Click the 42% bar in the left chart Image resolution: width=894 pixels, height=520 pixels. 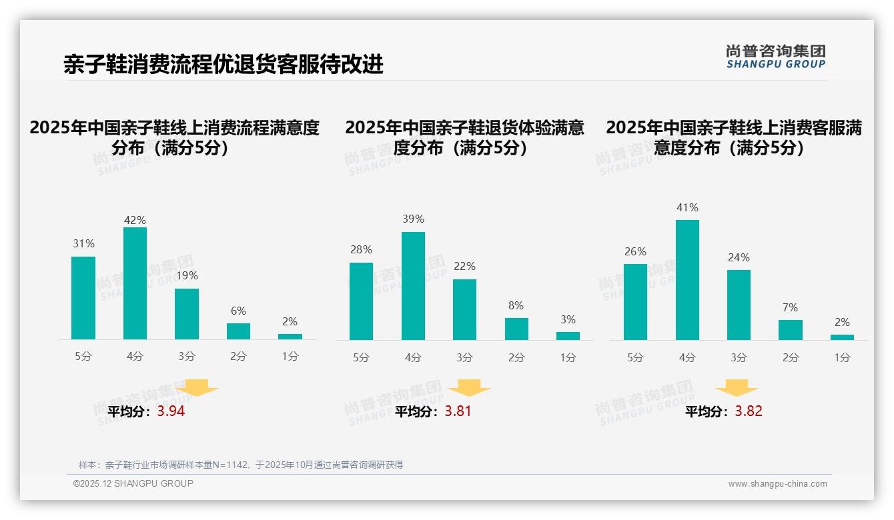click(x=135, y=283)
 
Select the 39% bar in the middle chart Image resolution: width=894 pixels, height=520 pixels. click(x=413, y=286)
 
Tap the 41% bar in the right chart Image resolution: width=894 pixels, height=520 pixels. click(x=687, y=280)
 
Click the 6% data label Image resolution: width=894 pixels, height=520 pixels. click(x=238, y=311)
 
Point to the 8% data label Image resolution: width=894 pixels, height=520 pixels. click(x=516, y=305)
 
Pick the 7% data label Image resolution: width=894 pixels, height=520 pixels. click(x=790, y=307)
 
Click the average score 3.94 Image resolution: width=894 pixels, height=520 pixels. click(x=171, y=411)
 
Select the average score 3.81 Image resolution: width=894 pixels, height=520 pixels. click(x=458, y=411)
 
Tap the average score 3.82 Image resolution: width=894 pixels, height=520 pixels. click(x=749, y=411)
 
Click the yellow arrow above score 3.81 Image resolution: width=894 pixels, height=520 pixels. click(x=469, y=389)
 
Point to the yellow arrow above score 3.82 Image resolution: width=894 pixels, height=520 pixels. click(x=737, y=389)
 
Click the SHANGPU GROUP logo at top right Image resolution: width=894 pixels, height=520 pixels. click(x=775, y=57)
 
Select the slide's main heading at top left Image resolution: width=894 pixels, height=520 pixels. click(x=223, y=64)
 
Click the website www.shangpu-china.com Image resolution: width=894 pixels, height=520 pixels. click(x=777, y=484)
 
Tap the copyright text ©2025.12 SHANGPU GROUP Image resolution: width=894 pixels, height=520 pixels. click(x=133, y=483)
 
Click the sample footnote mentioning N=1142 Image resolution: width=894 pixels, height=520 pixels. click(x=241, y=465)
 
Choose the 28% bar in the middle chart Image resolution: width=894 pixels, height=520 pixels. click(x=361, y=301)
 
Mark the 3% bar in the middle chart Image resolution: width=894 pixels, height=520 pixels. click(x=568, y=336)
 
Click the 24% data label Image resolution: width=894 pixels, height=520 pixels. click(x=739, y=257)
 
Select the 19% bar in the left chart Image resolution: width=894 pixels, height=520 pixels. click(x=187, y=314)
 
